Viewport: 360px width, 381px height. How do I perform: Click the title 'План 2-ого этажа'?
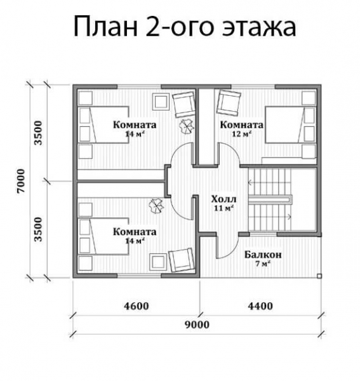click(185, 27)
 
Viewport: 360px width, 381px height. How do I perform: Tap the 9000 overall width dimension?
click(197, 324)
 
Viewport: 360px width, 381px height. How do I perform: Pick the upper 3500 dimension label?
click(39, 133)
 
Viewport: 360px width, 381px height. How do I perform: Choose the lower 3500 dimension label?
click(39, 229)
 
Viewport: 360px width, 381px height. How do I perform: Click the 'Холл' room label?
click(224, 198)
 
